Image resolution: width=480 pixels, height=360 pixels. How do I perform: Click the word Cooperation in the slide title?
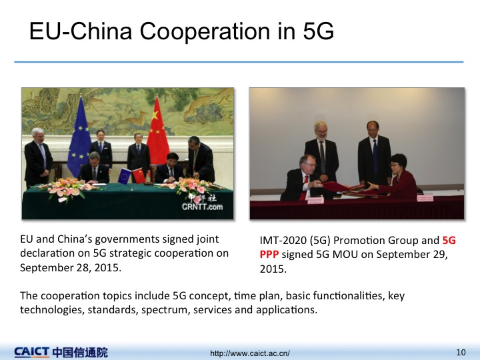coord(205,31)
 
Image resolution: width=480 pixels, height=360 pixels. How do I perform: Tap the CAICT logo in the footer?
coord(31,352)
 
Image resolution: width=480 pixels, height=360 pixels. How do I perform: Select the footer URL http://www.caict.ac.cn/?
coord(249,353)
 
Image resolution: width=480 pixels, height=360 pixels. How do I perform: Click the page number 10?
coord(461,353)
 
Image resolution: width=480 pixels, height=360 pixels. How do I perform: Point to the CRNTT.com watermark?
coord(203,207)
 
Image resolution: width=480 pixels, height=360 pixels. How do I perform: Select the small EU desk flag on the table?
coord(124,176)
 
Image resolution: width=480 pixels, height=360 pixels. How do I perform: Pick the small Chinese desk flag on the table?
coord(139,176)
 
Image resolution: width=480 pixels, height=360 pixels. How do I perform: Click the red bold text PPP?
coord(269,255)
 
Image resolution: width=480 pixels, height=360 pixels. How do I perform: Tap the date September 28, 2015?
coord(70,267)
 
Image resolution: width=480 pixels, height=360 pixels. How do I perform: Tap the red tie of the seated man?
coord(305,187)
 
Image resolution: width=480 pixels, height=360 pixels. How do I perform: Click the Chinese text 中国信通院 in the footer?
coord(80,353)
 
